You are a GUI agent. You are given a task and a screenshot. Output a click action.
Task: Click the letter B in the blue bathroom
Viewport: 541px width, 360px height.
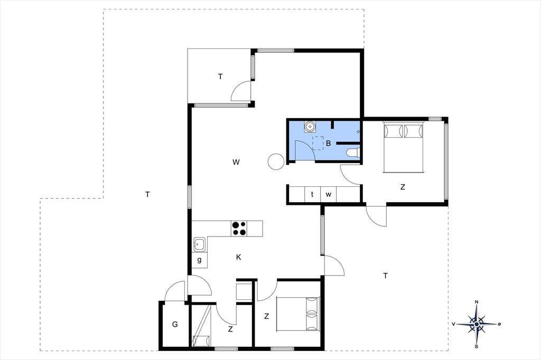click(328, 143)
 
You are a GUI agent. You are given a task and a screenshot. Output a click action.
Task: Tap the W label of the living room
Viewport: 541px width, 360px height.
click(236, 162)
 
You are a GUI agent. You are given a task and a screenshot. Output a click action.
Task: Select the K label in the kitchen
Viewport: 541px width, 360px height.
click(238, 257)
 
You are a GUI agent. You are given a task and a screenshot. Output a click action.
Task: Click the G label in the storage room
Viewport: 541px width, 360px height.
click(175, 325)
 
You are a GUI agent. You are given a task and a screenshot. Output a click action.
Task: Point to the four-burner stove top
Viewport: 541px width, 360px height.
click(239, 229)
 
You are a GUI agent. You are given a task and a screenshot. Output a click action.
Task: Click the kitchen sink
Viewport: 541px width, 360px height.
click(199, 244)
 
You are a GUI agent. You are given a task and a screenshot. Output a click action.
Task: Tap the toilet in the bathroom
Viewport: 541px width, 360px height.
click(353, 153)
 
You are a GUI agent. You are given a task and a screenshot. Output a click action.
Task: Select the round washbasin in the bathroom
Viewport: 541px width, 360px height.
click(310, 127)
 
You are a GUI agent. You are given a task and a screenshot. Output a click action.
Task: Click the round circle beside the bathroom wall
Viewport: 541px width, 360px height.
click(276, 162)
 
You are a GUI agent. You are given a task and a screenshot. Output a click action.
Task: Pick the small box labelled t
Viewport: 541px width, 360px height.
click(312, 194)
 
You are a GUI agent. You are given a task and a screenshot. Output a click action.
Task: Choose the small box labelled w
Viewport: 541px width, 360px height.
click(329, 194)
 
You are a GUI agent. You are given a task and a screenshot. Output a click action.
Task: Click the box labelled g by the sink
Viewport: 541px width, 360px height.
click(199, 260)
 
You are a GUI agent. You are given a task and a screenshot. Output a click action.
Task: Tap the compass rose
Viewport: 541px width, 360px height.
click(477, 324)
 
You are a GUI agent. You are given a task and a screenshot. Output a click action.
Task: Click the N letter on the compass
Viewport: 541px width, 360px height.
click(477, 302)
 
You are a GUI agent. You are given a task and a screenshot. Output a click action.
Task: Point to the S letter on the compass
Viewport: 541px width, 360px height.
click(477, 346)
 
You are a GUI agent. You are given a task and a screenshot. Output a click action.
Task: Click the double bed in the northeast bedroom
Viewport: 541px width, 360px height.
click(403, 147)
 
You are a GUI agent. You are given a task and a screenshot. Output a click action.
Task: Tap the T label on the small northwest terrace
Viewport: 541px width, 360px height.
click(220, 77)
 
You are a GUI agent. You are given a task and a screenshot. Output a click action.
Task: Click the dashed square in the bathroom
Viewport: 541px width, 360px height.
click(318, 143)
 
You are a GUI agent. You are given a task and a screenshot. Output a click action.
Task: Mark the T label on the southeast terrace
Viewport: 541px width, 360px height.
click(385, 276)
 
